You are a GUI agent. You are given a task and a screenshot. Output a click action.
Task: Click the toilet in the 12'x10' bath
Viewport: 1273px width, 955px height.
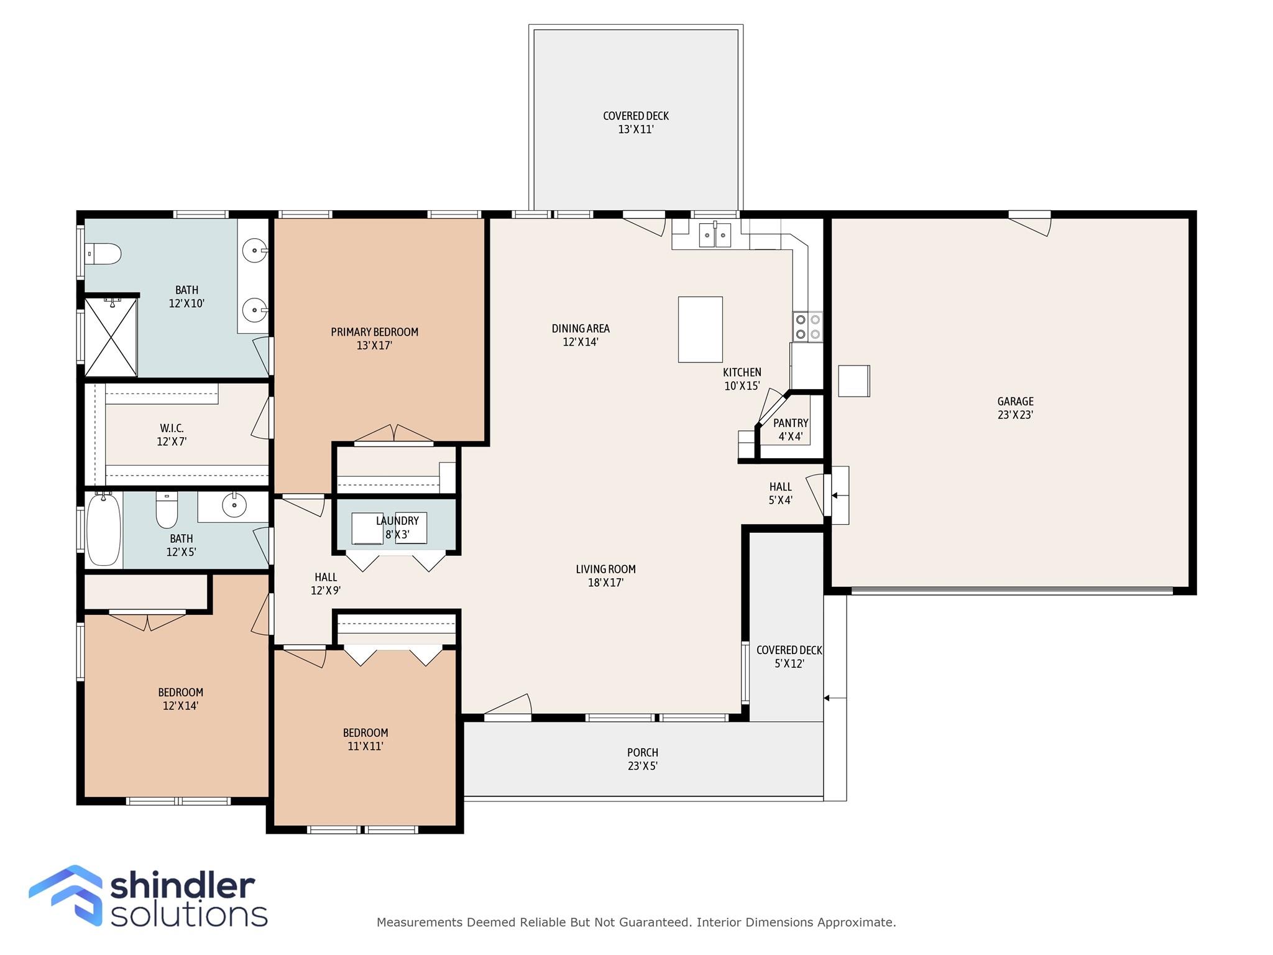pos(103,254)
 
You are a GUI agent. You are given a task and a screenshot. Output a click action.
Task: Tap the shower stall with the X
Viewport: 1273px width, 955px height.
pos(111,337)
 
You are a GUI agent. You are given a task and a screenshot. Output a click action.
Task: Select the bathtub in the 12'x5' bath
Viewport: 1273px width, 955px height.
pos(103,530)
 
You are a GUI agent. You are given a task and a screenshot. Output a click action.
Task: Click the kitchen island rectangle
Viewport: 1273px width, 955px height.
pos(700,330)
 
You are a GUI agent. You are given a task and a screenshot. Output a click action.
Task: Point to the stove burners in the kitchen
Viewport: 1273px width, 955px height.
pos(807,327)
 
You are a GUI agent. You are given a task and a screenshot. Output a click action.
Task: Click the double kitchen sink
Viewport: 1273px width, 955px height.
pos(715,235)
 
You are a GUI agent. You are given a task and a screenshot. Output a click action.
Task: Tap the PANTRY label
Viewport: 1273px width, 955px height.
pos(791,423)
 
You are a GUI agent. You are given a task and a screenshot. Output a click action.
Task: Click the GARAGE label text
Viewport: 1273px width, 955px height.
pos(1016,402)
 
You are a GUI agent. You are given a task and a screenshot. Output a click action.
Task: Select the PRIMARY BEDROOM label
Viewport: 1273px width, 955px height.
pos(374,332)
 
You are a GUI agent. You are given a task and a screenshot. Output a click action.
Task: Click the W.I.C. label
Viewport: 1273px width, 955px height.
pos(172,428)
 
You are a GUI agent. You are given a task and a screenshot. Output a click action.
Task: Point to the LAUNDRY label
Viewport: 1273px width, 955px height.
pos(397,521)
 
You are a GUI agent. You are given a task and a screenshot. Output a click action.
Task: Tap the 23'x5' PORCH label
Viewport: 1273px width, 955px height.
pos(643,752)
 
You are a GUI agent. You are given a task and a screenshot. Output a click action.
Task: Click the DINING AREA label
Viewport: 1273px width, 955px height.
pos(581,328)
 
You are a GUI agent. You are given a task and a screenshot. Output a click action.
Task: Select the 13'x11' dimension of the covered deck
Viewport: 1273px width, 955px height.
pos(636,129)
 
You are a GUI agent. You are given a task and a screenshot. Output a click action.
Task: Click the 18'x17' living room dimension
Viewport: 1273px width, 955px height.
pos(606,583)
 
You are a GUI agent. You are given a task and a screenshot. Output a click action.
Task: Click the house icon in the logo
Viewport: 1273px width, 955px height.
pos(66,895)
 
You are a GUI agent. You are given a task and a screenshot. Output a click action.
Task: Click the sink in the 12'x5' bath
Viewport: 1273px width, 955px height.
pos(234,505)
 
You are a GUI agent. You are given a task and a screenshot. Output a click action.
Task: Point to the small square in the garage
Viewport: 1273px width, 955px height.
pos(853,381)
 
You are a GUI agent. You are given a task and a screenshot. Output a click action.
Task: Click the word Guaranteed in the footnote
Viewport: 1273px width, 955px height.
pos(655,922)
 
